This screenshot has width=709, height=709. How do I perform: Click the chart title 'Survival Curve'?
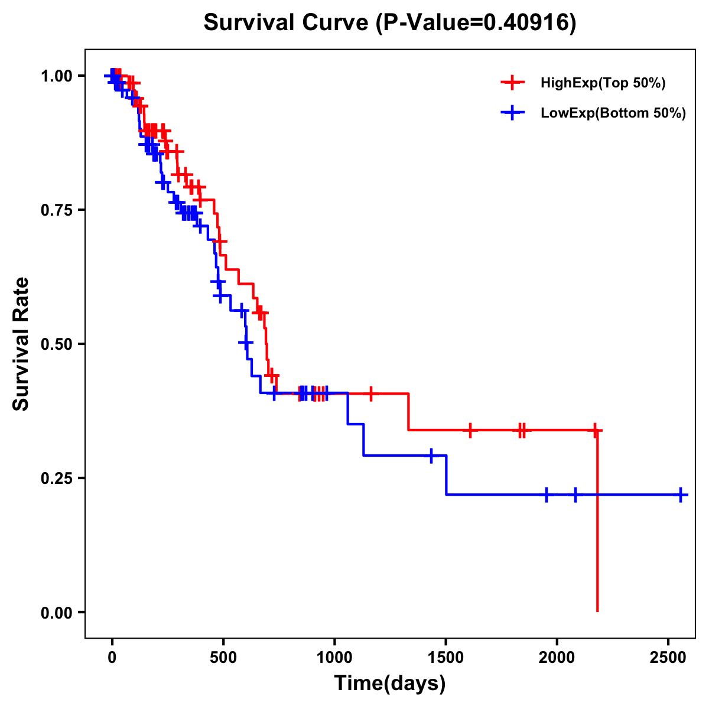tap(287, 23)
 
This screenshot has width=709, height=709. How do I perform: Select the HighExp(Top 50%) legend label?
tap(603, 83)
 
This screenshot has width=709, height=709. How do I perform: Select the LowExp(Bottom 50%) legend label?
tap(613, 113)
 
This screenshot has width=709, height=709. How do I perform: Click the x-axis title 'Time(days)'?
tap(390, 684)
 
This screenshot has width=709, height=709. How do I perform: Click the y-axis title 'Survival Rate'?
tap(21, 344)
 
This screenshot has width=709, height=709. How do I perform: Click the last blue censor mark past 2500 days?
tap(681, 495)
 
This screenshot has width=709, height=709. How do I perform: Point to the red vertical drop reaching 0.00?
tap(597, 532)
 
